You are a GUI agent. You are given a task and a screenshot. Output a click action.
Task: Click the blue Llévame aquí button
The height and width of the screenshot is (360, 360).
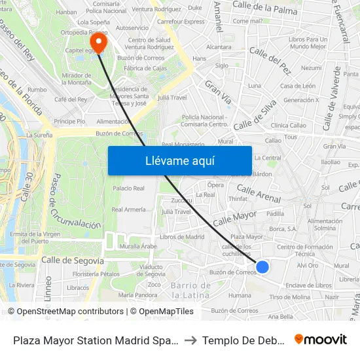point(179,160)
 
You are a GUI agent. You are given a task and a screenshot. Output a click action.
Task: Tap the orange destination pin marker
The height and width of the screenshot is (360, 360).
point(99,43)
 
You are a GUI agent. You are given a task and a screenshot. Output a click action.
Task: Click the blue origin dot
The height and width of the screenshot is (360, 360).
point(262,266)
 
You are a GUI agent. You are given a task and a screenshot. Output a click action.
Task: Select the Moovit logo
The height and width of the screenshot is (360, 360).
point(321,340)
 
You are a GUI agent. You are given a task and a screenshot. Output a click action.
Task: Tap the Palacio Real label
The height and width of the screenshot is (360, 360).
point(128,189)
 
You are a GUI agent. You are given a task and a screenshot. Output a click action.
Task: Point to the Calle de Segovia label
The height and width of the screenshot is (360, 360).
point(73,261)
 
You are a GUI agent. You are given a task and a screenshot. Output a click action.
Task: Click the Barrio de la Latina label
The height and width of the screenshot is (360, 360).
point(190,290)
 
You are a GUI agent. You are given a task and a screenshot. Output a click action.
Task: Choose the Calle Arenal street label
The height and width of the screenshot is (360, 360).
point(259,194)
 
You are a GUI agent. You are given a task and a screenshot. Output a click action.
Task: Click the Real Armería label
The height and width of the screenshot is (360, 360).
point(128,210)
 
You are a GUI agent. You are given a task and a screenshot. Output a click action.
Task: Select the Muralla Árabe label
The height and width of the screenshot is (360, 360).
point(139,246)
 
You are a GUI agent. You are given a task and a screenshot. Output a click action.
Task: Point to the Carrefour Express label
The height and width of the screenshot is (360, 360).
point(181,22)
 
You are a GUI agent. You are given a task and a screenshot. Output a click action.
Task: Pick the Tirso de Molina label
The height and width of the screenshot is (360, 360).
point(289,297)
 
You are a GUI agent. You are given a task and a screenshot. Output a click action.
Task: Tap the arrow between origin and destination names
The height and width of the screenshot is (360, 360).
point(187,340)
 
